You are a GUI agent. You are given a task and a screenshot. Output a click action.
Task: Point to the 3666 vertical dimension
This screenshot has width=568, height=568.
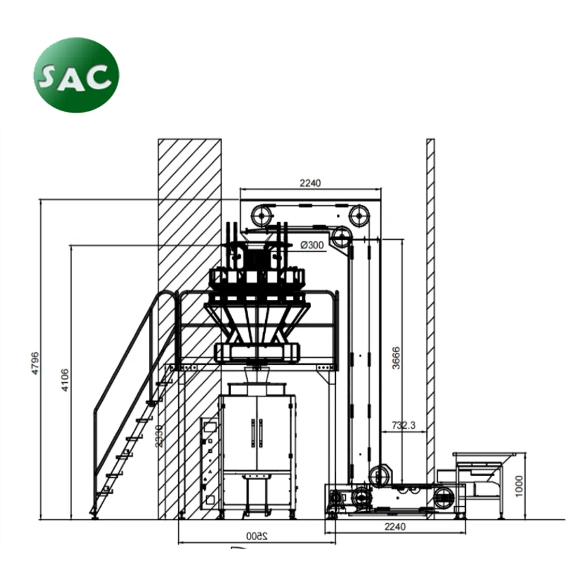point(396,358)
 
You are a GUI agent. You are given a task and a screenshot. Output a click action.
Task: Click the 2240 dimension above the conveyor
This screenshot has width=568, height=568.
point(310,183)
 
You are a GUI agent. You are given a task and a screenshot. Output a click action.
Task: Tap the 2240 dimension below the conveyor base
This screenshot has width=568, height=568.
point(395,527)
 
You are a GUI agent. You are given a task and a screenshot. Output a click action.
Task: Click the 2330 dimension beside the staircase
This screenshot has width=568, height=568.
point(161,436)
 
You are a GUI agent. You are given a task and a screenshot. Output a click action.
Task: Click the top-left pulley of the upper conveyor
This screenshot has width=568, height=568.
point(261,215)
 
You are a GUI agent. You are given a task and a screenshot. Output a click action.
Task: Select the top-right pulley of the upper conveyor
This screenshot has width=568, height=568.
point(359,215)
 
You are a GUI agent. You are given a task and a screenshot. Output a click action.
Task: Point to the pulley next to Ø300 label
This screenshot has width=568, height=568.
point(341,237)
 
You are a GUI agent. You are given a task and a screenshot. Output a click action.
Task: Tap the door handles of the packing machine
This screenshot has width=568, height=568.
point(257,433)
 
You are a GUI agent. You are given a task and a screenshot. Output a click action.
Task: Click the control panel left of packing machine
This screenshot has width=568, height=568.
point(209,462)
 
